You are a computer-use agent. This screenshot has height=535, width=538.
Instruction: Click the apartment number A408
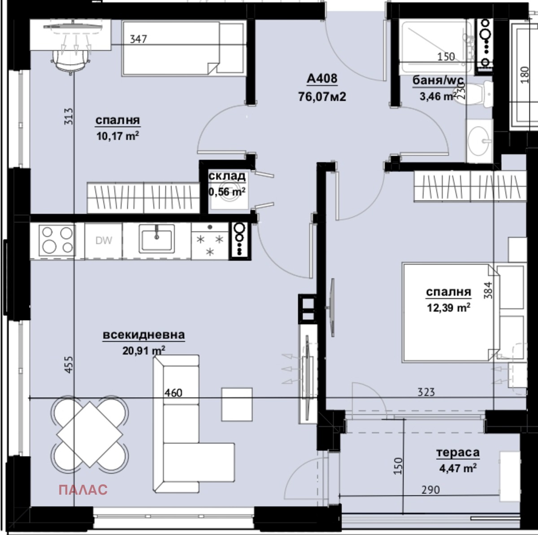click(x=321, y=79)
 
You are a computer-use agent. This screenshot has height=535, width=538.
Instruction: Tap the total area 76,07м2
click(x=322, y=96)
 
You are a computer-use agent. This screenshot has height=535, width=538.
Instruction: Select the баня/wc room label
click(x=438, y=81)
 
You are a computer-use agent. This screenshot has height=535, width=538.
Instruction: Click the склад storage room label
click(x=227, y=176)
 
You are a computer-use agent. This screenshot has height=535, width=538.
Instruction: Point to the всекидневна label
click(x=143, y=335)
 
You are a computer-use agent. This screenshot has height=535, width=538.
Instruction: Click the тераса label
click(x=458, y=453)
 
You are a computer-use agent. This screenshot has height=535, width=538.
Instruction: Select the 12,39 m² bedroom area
click(x=448, y=307)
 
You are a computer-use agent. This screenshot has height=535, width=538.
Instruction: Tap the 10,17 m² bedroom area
click(x=117, y=136)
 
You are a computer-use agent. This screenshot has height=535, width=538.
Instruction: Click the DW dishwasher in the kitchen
click(x=104, y=241)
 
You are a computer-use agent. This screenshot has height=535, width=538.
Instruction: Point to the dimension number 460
click(x=173, y=393)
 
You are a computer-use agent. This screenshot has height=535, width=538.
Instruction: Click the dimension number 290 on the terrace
click(x=430, y=490)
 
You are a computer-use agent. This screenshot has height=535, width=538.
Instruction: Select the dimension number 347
click(x=138, y=39)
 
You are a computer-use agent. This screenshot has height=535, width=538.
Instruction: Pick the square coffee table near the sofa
click(x=237, y=404)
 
